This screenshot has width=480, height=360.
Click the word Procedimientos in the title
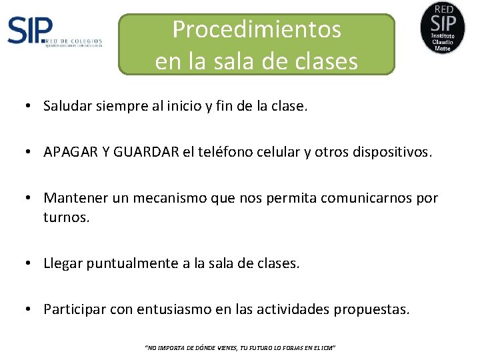point(257,30)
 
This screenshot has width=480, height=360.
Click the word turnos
point(65,217)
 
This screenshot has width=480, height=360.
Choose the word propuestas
point(372,309)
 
